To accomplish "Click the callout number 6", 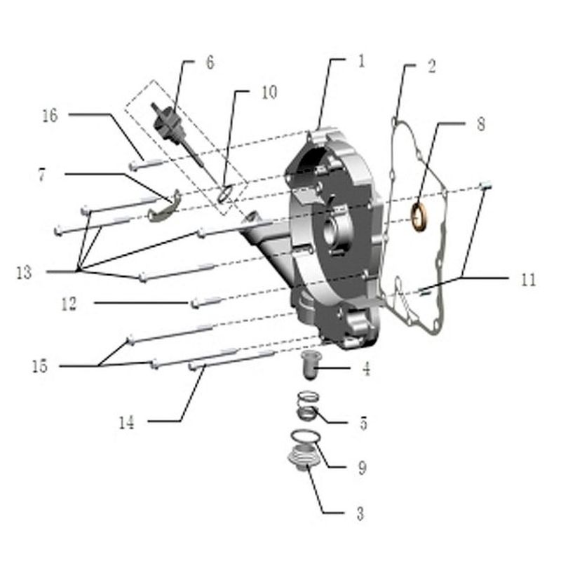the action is click(210, 62).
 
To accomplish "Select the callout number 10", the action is click(269, 93).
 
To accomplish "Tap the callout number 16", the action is click(50, 116).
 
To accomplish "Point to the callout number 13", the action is click(24, 273).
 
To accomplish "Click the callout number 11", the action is click(529, 279).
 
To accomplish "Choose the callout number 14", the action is click(127, 423).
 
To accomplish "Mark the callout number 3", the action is click(360, 513).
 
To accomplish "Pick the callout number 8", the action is click(481, 124).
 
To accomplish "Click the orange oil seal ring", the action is click(419, 217).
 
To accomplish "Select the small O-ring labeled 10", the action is click(225, 193).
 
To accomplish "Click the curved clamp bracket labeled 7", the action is click(164, 206).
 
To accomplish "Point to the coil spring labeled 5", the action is click(308, 407).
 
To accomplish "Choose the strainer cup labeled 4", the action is click(310, 365).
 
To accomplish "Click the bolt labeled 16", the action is click(147, 163).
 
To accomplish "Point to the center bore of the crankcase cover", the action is click(331, 233).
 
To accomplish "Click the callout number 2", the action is click(432, 67).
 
